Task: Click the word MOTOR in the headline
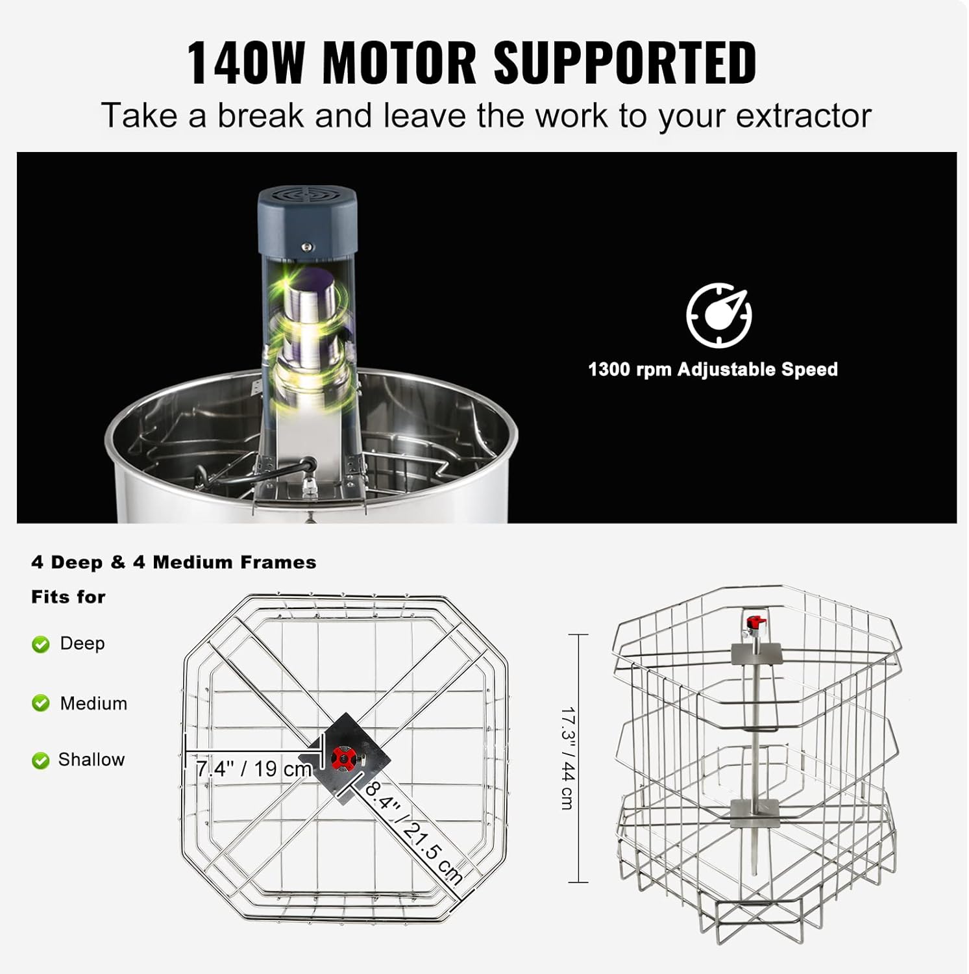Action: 400,62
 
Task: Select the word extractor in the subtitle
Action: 803,116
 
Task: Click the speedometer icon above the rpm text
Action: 719,315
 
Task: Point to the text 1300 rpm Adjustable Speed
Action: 713,369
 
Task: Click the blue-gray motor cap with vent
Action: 308,220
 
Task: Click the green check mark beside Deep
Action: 41,644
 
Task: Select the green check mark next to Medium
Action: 41,703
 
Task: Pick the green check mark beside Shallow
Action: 41,760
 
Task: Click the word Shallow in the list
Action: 92,760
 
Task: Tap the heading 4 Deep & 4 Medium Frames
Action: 173,562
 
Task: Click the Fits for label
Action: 68,597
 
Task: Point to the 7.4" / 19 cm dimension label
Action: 254,769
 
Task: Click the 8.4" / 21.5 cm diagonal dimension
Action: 413,834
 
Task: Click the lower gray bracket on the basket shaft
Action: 754,813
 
